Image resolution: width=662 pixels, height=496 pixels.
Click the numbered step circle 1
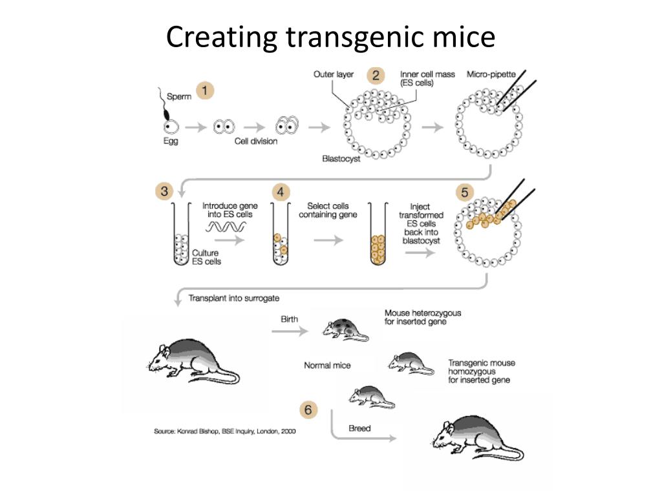pos(205,91)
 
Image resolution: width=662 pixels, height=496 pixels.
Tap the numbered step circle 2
pos(376,76)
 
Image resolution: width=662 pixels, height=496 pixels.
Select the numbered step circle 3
pos(164,192)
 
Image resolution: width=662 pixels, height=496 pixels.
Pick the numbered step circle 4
pos(281,192)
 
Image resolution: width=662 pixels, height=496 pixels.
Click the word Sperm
pos(180,97)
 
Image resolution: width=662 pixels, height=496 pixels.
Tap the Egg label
pos(171,141)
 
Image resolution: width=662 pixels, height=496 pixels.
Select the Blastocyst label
pos(341,159)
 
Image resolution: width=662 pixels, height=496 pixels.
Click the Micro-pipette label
pos(492,74)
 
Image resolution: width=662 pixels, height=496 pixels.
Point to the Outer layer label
pos(334,74)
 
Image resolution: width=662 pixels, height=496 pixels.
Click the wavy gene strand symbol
pos(226,227)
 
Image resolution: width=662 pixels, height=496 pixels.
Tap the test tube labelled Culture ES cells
pos(180,236)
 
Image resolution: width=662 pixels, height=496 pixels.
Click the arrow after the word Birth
pos(289,332)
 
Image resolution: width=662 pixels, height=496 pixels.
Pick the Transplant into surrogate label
pos(234,298)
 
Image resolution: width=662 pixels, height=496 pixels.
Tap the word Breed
pos(359,428)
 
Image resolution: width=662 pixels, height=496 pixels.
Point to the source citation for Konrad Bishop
pos(224,431)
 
